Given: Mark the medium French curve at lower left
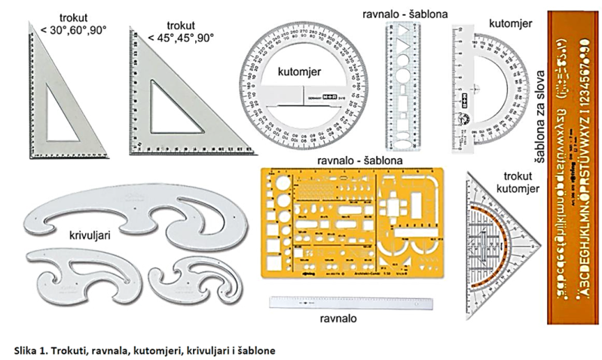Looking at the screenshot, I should coord(83,275).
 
